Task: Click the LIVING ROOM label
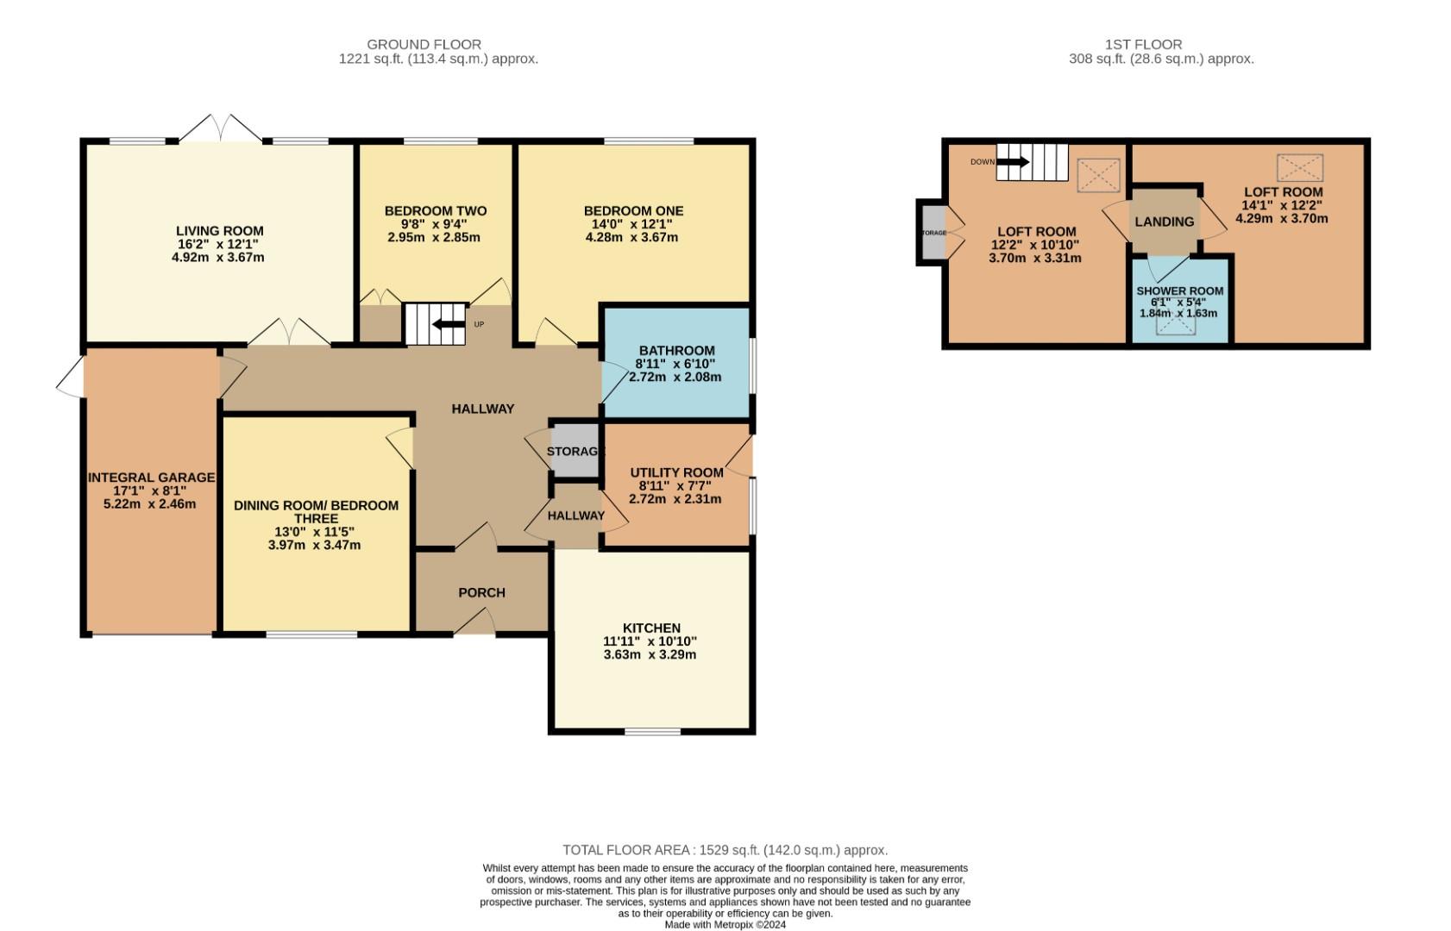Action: point(219,231)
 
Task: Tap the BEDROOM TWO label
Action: point(435,211)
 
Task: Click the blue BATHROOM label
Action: point(676,351)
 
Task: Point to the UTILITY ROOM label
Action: point(676,472)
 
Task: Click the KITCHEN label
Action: point(651,628)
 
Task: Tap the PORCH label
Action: point(481,593)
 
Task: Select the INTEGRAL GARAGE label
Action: point(151,478)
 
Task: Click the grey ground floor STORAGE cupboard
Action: point(575,451)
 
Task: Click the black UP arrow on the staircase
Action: point(449,324)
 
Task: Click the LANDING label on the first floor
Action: point(1164,222)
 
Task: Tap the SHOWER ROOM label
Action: point(1179,291)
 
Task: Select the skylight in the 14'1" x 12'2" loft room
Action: point(1299,167)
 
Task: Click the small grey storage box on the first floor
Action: point(933,233)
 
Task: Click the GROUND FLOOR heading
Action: point(424,44)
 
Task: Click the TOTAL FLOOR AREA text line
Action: point(725,850)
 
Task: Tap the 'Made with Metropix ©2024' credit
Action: point(725,925)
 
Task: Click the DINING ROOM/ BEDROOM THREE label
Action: point(316,512)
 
